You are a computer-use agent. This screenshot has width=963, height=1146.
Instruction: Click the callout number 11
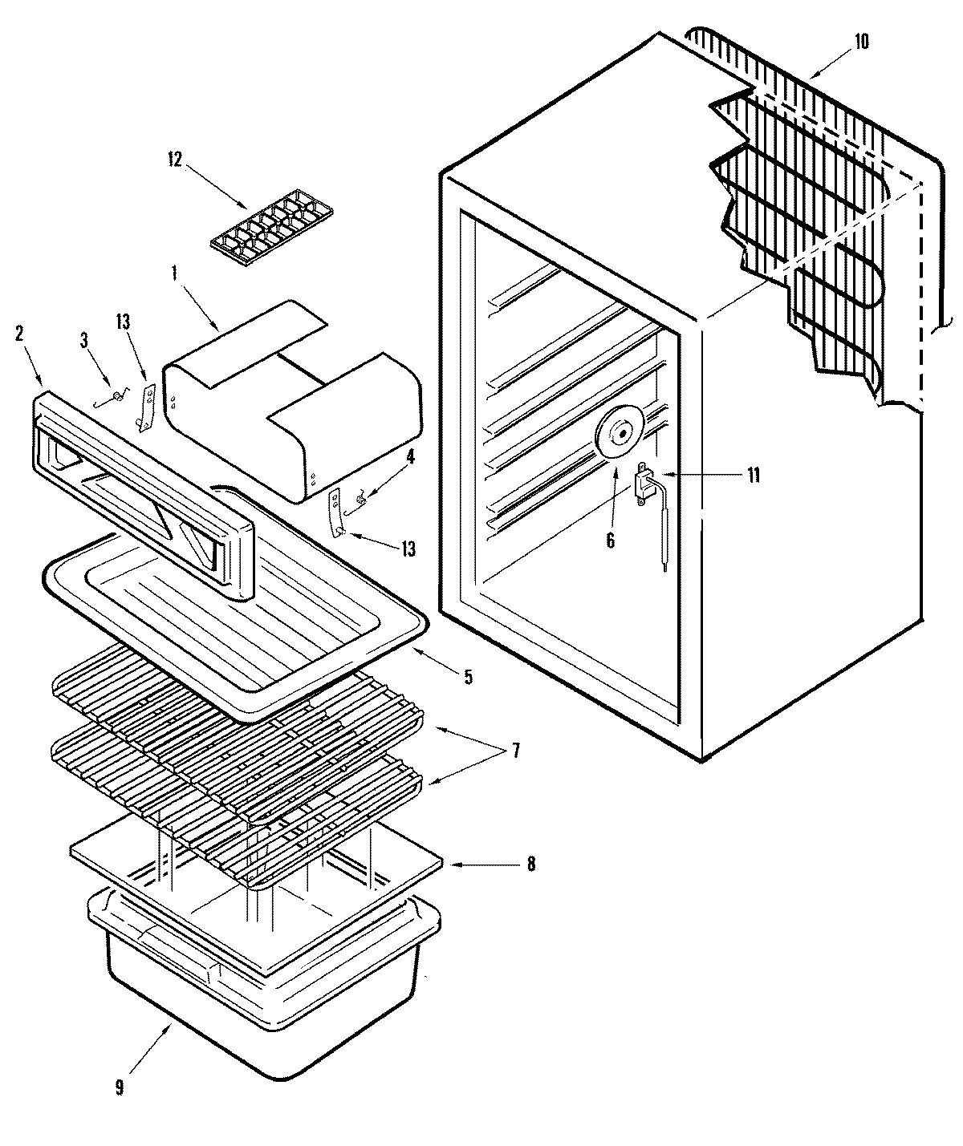(x=753, y=475)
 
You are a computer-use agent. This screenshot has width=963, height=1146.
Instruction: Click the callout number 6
(x=610, y=541)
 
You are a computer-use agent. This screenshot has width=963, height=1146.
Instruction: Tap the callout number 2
(x=19, y=334)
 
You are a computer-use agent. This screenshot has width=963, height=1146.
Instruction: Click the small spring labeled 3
(x=118, y=396)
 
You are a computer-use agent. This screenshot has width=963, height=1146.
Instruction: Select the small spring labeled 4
(x=360, y=501)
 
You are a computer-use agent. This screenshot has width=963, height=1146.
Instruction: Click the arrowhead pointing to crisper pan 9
(x=171, y=1026)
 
